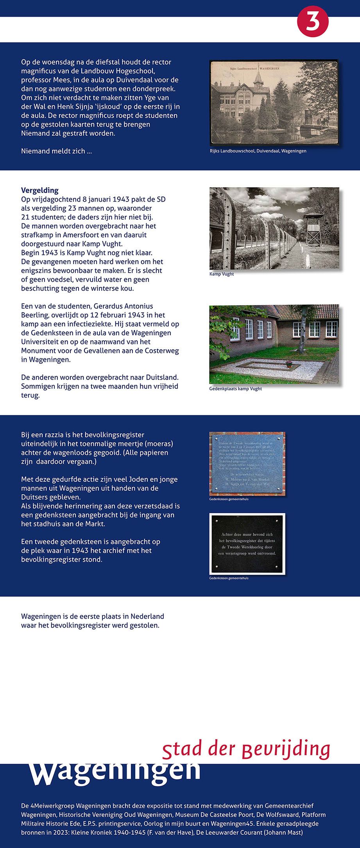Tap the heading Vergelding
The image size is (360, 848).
tap(39, 190)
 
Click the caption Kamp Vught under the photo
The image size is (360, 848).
tap(221, 274)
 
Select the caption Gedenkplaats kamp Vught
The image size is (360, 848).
tap(235, 389)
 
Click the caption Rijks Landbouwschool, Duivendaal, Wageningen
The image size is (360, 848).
tap(258, 151)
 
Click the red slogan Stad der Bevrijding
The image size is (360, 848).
tap(246, 749)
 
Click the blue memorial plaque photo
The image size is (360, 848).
tap(247, 463)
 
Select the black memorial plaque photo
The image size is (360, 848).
tap(247, 544)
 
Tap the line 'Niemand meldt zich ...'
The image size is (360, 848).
tap(56, 151)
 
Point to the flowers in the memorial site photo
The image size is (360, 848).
tap(289, 364)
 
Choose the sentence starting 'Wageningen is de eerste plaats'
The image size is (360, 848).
tap(92, 621)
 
